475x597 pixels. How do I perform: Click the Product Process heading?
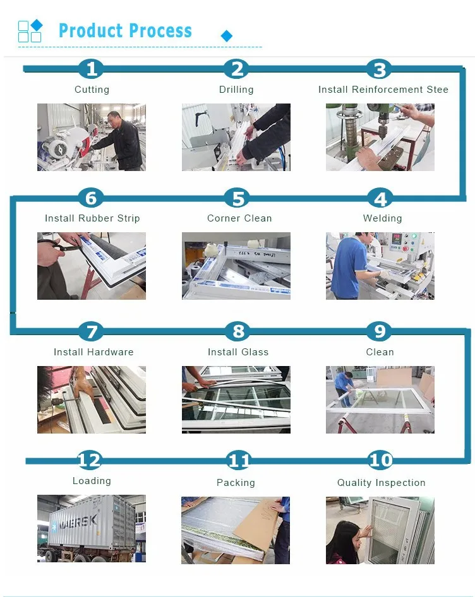click(125, 31)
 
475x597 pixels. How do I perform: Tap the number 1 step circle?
click(92, 69)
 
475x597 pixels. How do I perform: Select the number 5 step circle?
click(237, 198)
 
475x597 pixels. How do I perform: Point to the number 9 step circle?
click(380, 331)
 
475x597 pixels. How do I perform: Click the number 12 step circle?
click(89, 460)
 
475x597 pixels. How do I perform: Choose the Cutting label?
click(92, 90)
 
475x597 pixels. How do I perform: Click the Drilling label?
click(236, 90)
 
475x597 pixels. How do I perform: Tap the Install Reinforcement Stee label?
click(383, 90)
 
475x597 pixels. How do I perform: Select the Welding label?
click(382, 218)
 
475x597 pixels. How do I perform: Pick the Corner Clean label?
click(239, 218)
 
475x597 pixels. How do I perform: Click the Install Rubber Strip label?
click(92, 218)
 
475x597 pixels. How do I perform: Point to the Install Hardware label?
click(93, 352)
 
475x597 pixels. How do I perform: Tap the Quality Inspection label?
click(381, 483)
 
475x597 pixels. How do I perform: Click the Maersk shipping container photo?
click(92, 529)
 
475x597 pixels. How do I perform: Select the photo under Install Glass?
click(236, 399)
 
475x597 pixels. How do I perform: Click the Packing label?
click(236, 483)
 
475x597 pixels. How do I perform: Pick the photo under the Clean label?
click(380, 399)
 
